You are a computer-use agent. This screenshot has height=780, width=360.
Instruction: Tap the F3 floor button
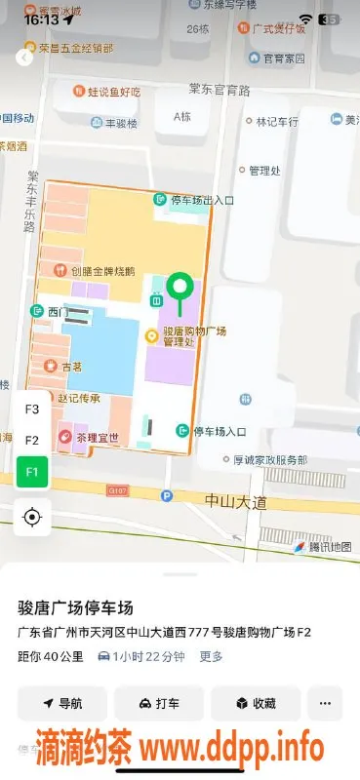click(x=32, y=409)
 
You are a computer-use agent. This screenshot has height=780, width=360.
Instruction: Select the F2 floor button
click(x=32, y=441)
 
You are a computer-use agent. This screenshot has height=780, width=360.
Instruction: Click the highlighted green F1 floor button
click(x=32, y=472)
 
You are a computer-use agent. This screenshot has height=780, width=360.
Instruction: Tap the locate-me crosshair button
click(x=32, y=517)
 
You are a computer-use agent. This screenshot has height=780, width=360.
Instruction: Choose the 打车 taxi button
click(x=159, y=703)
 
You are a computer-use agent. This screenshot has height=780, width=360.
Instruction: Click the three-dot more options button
click(x=325, y=703)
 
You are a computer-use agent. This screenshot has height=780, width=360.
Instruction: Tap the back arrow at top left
click(x=24, y=58)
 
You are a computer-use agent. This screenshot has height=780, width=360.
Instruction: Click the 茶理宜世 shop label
click(x=95, y=438)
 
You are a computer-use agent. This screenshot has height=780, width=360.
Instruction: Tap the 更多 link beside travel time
click(x=212, y=656)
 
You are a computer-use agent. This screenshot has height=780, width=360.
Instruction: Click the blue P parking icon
click(x=167, y=496)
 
